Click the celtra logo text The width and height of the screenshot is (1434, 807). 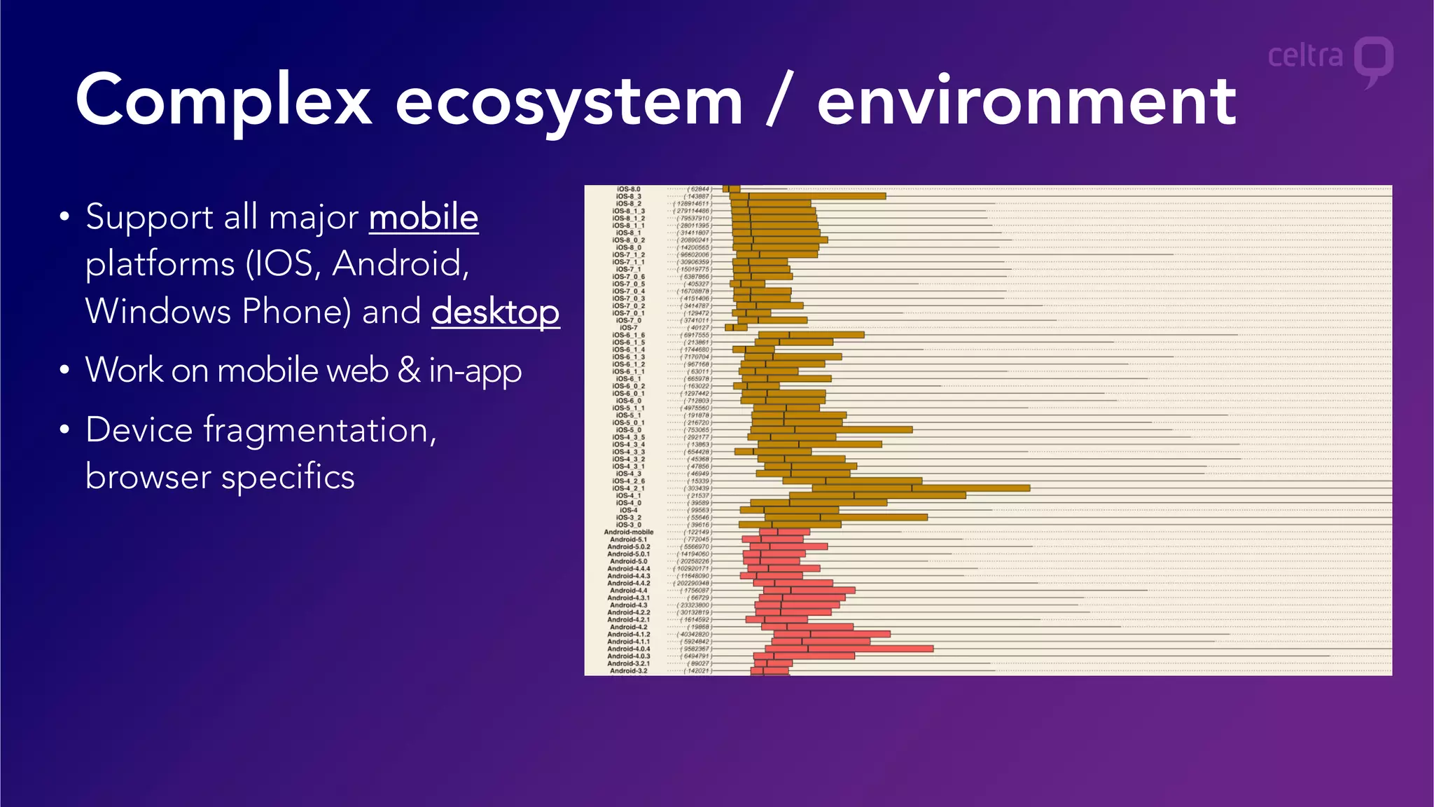pos(1305,56)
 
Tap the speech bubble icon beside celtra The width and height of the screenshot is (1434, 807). pos(1373,60)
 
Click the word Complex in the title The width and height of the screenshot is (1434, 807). pos(223,102)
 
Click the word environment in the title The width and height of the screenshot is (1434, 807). pos(1026,102)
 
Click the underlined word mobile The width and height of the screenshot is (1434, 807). pos(424,216)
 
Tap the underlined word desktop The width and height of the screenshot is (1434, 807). pos(495,311)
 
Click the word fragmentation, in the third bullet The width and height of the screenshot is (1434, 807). pos(319,429)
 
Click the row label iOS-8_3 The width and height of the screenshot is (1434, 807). pos(628,196)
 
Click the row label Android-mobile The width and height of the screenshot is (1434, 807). pos(628,532)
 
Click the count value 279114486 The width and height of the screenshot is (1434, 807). pos(692,211)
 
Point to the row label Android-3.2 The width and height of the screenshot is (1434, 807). pos(628,671)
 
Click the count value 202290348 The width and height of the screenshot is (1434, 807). pos(692,583)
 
